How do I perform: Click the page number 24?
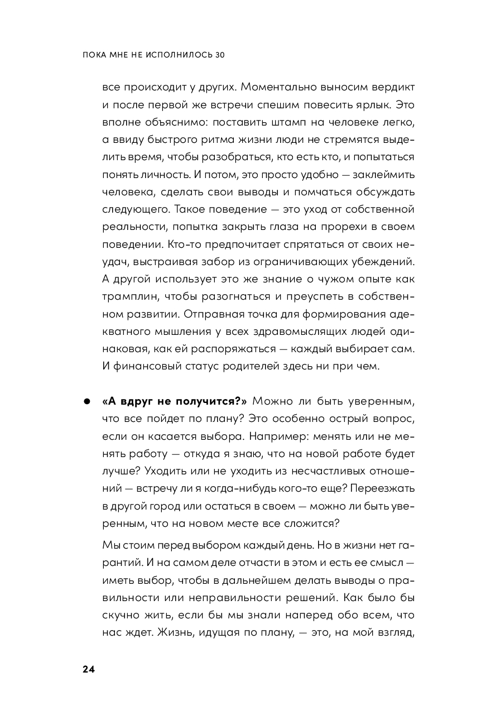(x=89, y=670)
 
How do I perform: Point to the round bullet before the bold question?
(x=88, y=401)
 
